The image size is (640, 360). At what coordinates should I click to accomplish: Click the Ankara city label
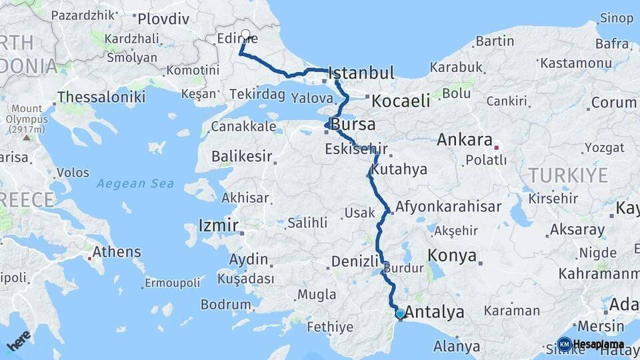pos(464,141)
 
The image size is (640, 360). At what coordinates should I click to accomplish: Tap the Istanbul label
pos(361,73)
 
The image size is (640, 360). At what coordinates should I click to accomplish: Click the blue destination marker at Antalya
pos(399,313)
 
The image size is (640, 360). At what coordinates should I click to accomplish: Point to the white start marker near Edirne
pos(245,34)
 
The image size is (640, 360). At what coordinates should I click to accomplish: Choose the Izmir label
pos(218,225)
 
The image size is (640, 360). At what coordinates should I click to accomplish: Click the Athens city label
pos(116,252)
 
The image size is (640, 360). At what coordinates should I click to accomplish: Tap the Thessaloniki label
pos(101,97)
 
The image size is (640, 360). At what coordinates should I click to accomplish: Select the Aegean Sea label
pos(135,183)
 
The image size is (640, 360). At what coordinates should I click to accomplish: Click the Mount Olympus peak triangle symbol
pos(27,137)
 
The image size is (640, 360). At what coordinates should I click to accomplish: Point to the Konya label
pos(452,255)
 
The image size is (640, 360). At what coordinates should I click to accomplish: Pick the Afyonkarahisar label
pos(448,207)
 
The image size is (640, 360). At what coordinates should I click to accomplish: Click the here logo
pos(19,340)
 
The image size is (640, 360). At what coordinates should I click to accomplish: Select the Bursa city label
pos(353,125)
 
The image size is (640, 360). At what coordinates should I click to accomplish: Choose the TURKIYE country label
pos(567,175)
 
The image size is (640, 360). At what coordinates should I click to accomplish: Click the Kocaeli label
pos(400,101)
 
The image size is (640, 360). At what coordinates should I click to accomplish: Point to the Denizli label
pos(355,261)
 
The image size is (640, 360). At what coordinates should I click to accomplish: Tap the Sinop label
pos(616,18)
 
